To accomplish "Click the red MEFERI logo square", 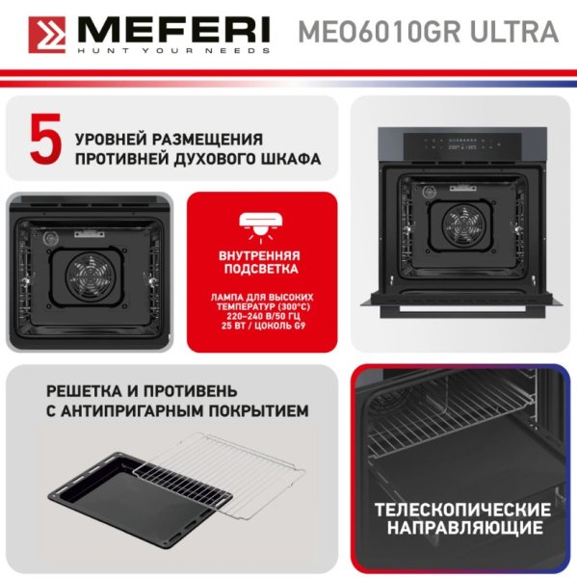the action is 47,35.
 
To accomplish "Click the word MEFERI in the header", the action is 173,30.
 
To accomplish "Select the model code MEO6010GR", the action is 380,32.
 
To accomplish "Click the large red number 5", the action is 46,139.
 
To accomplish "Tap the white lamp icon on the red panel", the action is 261,227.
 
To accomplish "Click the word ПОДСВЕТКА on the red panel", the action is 261,269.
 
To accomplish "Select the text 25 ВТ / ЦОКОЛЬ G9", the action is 263,326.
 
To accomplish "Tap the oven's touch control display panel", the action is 462,144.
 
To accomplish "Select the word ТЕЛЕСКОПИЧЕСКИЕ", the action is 462,511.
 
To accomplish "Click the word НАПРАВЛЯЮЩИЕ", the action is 465,528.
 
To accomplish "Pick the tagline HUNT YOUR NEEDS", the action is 173,50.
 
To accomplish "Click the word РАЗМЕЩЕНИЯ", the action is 207,140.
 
